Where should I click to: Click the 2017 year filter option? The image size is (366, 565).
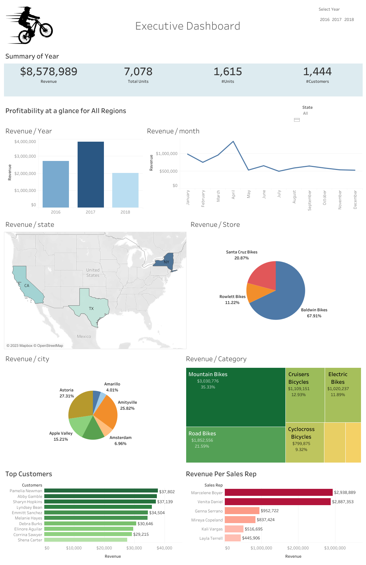coord(337,20)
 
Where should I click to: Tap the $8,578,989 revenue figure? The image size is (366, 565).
coord(49,71)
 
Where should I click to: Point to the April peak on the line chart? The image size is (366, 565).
coord(233,141)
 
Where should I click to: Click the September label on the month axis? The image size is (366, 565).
coord(309,200)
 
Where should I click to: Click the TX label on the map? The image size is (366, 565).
coord(91,309)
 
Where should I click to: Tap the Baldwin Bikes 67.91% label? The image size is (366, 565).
coord(314,313)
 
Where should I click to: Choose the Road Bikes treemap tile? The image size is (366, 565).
coord(235,444)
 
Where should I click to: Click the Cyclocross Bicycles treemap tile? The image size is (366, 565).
coord(304,442)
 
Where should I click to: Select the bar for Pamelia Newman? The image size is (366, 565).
coord(101,491)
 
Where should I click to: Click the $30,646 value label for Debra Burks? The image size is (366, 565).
coord(145,524)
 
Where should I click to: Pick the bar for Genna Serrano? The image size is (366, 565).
coord(242,511)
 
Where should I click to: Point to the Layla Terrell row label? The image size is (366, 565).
coord(211,538)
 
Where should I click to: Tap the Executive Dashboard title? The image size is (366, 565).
coord(187,26)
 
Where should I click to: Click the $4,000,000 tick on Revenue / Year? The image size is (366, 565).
coord(25,142)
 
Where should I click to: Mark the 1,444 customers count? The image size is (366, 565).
coord(317,71)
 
